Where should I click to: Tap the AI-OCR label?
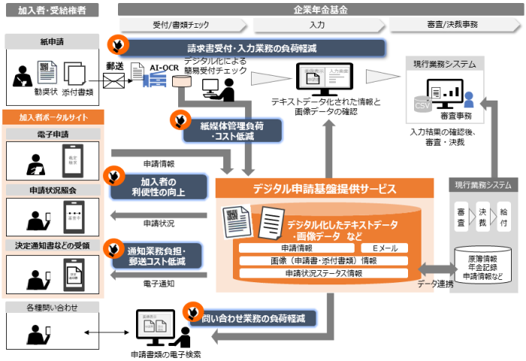[164, 67]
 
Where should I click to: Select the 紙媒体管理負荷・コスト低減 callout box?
[219, 128]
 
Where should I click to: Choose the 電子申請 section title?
[53, 133]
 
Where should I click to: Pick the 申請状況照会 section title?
[53, 190]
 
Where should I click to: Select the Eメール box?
[373, 248]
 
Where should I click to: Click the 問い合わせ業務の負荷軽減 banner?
[252, 318]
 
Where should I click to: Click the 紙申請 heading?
[53, 40]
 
